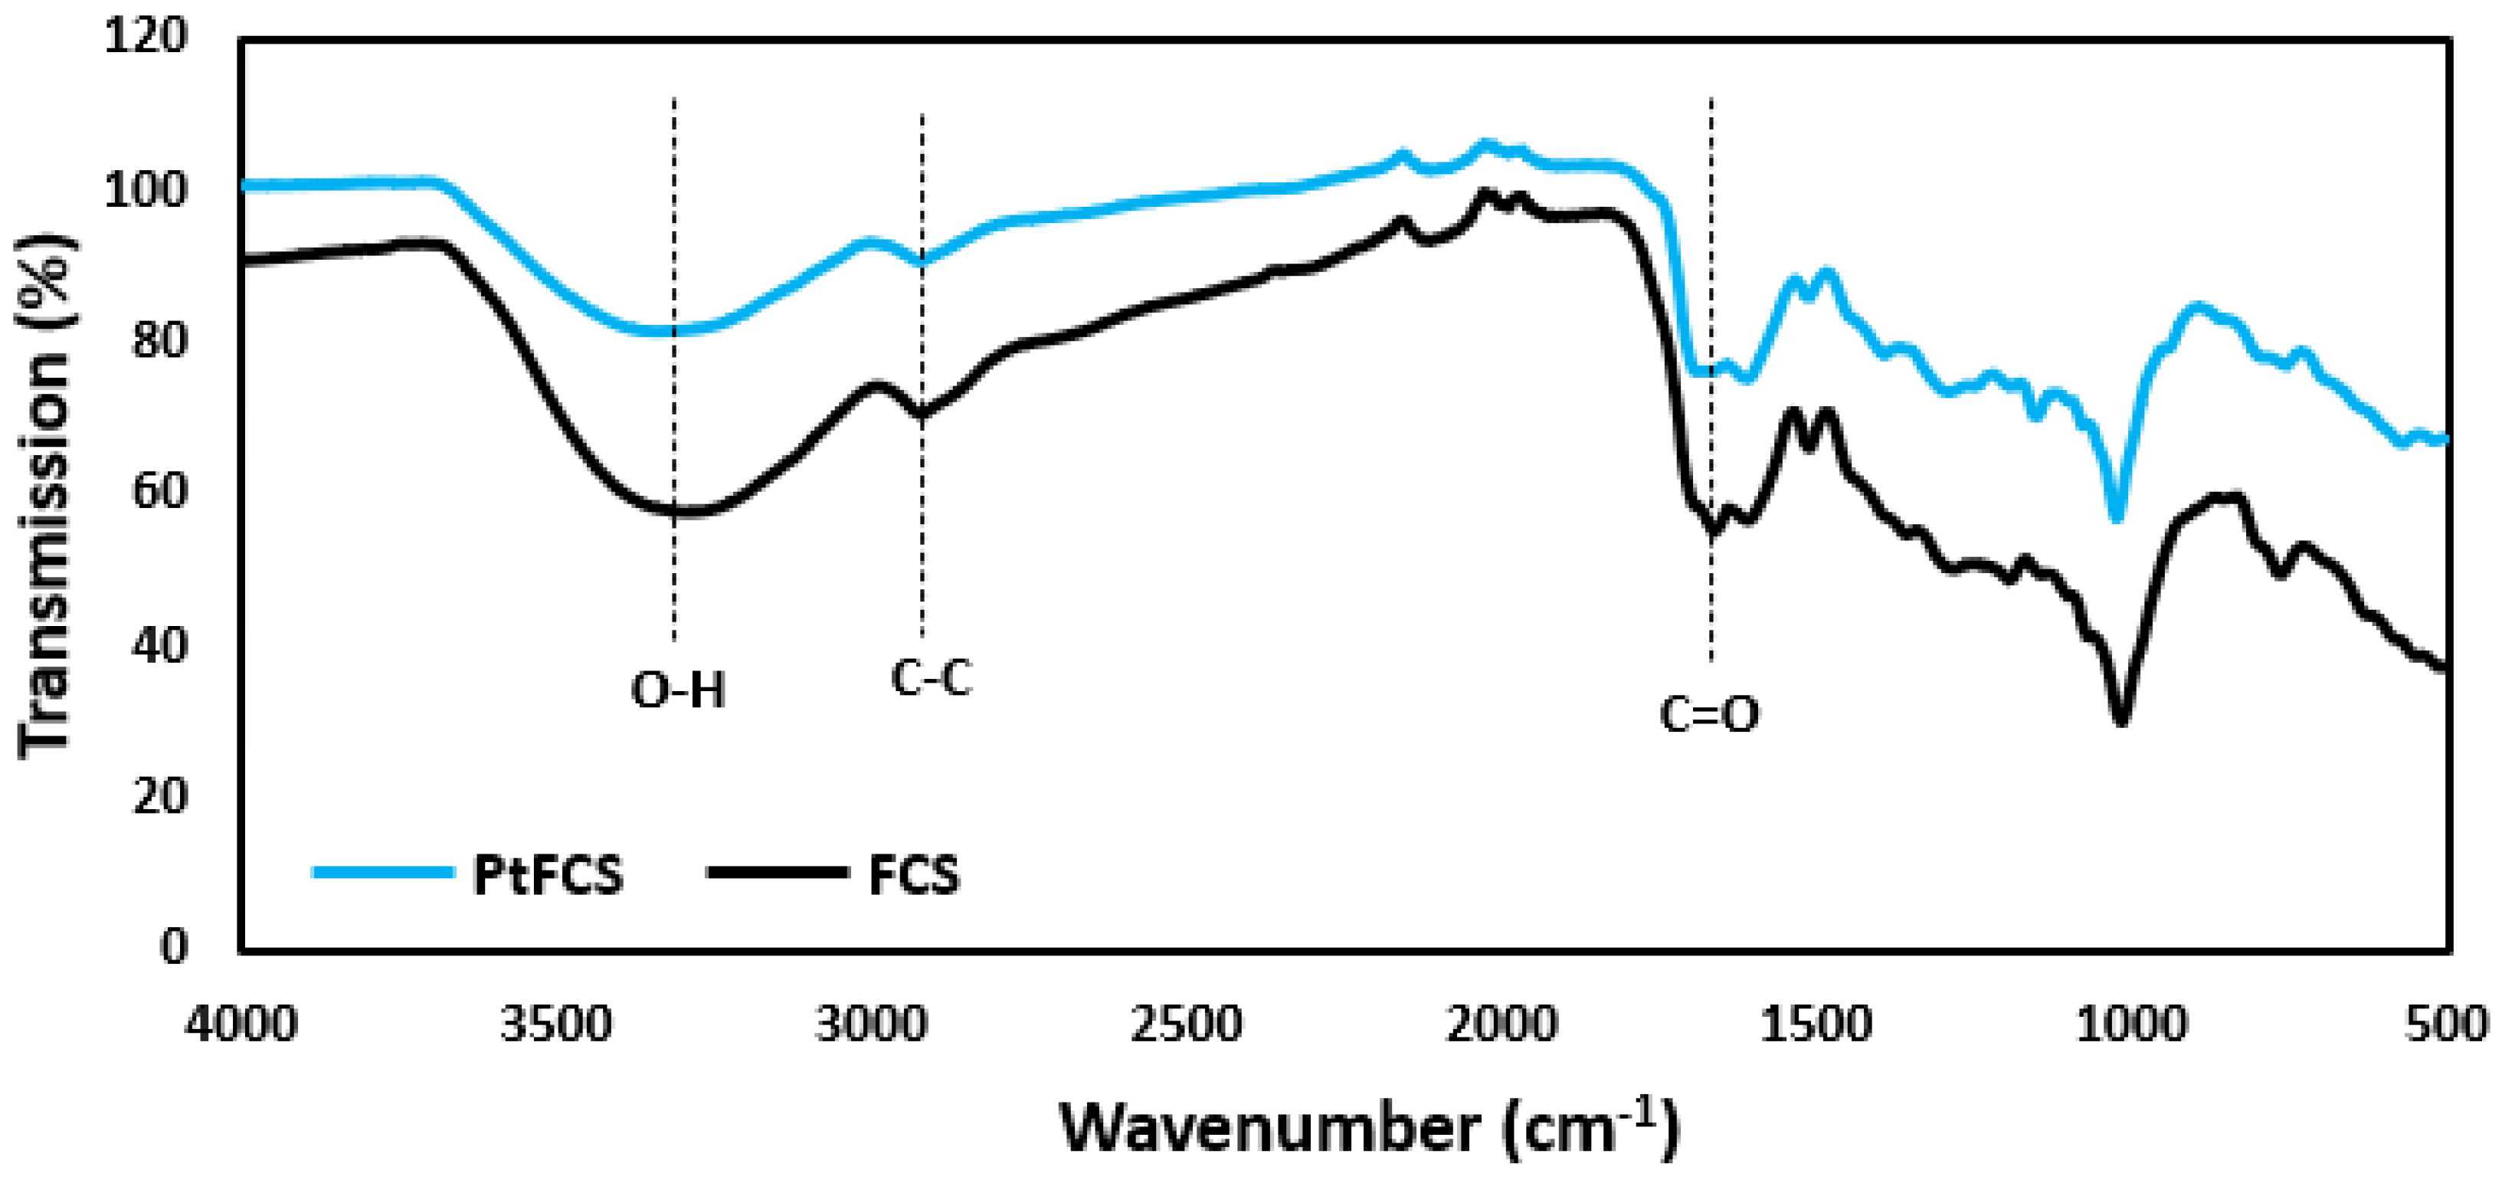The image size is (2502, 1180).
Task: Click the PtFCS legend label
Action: click(x=548, y=874)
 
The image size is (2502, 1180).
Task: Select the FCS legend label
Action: click(x=913, y=874)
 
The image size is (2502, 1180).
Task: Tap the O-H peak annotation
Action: click(x=678, y=690)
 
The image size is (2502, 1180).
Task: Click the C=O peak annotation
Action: click(x=1709, y=715)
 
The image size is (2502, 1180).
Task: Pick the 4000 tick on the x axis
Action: click(x=241, y=1025)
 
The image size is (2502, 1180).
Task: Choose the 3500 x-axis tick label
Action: click(x=556, y=1025)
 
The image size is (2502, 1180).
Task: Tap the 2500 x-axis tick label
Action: click(x=1187, y=1025)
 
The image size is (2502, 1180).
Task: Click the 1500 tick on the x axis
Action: click(x=1816, y=1025)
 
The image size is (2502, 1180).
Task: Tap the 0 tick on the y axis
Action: click(x=173, y=947)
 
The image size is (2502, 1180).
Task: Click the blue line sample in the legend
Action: click(x=384, y=872)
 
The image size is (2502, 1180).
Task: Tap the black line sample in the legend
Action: click(x=777, y=872)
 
